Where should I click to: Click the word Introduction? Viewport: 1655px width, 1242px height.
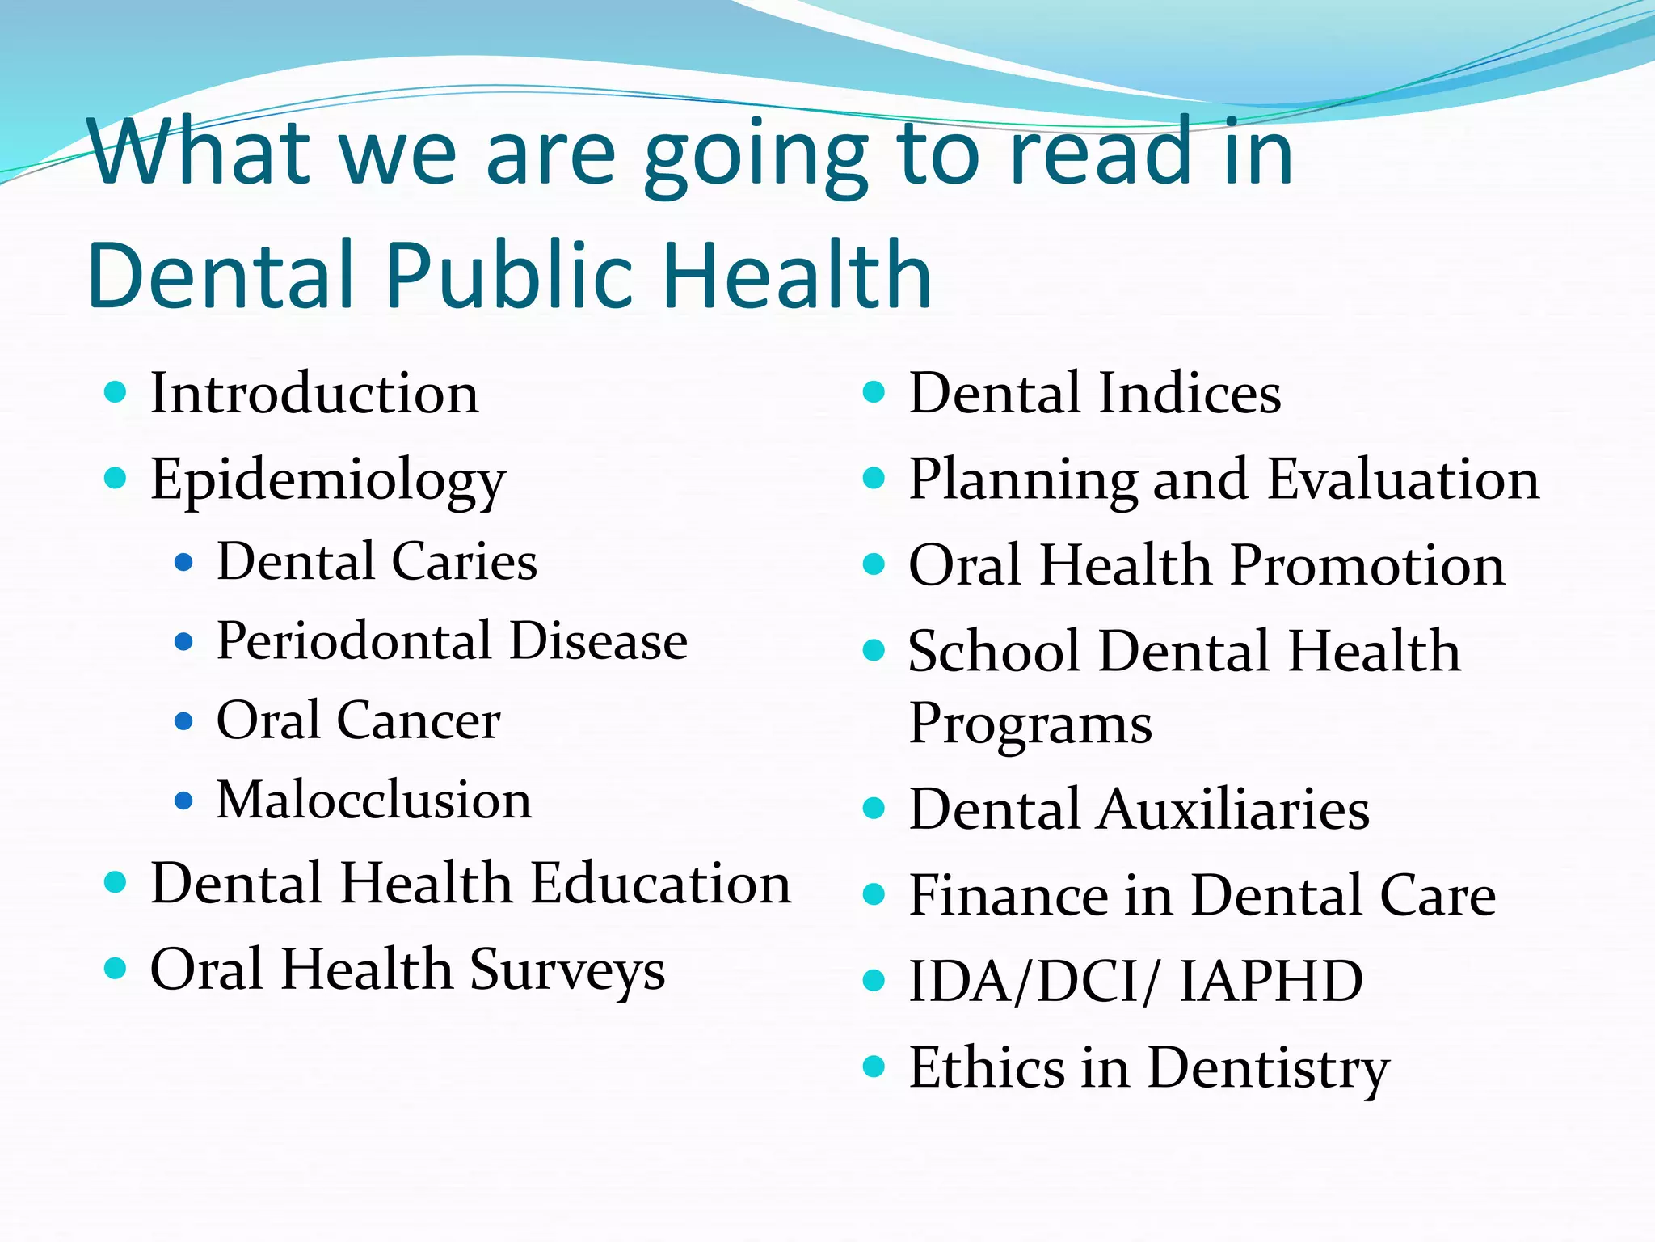click(x=314, y=394)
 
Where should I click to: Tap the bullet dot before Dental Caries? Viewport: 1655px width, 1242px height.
click(x=184, y=562)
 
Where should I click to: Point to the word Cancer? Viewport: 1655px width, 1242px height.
click(x=419, y=720)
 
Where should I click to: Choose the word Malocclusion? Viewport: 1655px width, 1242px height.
click(x=374, y=800)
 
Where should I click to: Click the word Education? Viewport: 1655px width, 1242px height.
click(x=661, y=882)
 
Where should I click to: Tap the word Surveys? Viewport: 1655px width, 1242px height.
click(x=567, y=970)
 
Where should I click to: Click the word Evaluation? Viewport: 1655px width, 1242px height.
click(x=1403, y=479)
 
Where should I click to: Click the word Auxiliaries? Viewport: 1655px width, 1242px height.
click(x=1233, y=809)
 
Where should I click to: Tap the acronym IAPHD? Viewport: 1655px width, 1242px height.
click(x=1271, y=981)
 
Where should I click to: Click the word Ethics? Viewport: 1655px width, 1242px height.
click(x=988, y=1067)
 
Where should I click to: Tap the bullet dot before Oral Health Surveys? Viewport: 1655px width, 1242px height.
click(x=116, y=968)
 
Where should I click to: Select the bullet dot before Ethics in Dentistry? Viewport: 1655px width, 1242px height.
click(x=874, y=1067)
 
